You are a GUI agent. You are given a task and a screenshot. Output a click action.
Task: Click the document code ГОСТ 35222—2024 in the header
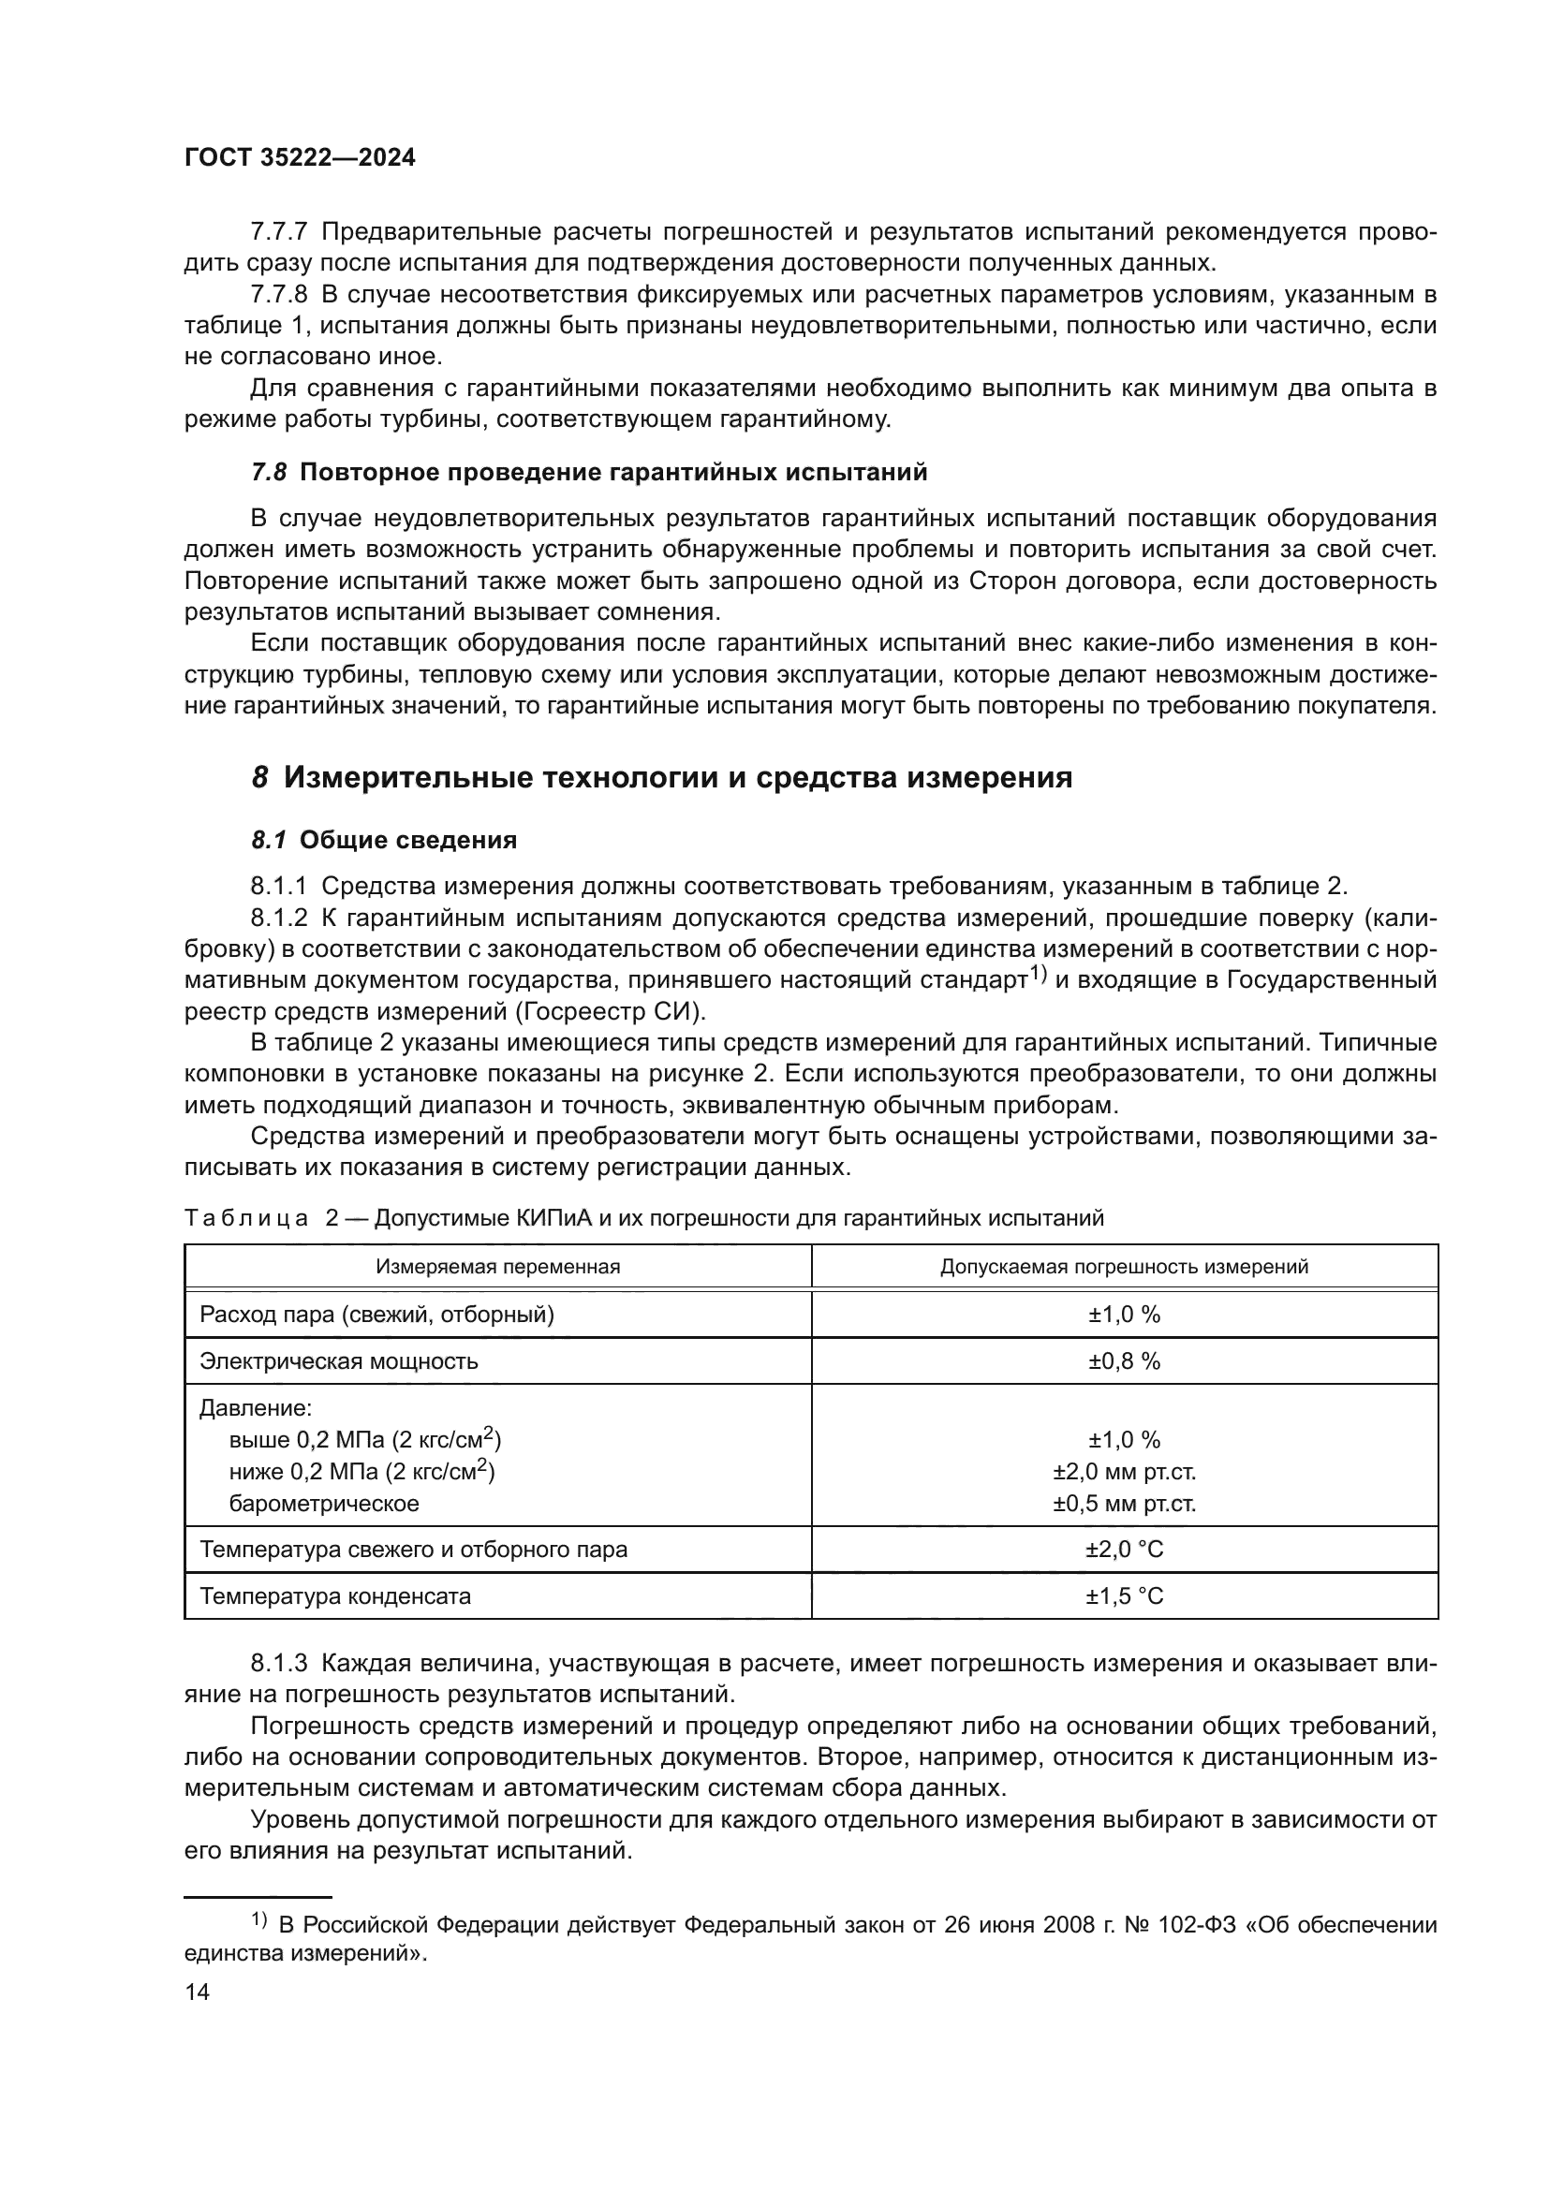coord(300,158)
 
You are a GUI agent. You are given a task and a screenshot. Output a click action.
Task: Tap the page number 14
coord(197,1992)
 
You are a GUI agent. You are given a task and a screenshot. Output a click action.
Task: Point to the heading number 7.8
coord(268,472)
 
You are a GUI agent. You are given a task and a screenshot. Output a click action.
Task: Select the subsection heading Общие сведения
coord(408,840)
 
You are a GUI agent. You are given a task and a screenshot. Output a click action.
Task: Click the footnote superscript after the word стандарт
coord(1038,975)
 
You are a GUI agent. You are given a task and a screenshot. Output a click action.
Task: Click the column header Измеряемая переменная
coord(498,1267)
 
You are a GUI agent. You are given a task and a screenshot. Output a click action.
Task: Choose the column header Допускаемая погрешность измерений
coord(1124,1267)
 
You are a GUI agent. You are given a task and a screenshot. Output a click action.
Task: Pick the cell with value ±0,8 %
coord(1124,1361)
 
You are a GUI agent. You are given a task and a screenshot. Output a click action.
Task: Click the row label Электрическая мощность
coord(339,1361)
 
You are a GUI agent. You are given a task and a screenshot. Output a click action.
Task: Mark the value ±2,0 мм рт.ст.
coord(1124,1472)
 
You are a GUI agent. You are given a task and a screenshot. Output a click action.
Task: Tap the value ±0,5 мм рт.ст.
coord(1124,1505)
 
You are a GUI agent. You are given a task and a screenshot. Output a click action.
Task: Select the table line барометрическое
coord(323,1505)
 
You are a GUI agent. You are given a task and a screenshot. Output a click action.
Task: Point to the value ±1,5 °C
coord(1124,1595)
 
